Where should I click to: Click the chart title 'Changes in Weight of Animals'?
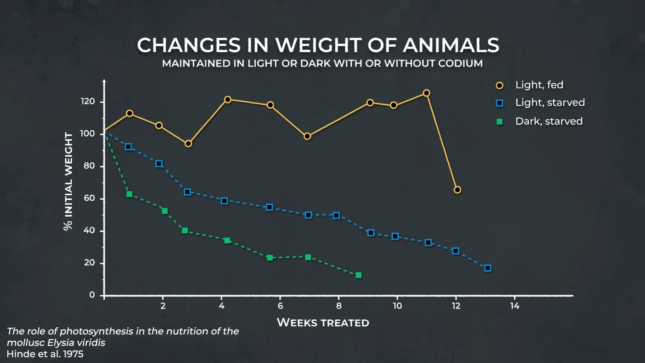[318, 45]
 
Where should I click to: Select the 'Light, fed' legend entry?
[539, 85]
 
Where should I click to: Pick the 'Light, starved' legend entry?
[550, 103]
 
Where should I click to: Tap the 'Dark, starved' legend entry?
[549, 121]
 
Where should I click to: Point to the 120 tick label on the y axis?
[88, 102]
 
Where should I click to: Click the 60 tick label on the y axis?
[89, 198]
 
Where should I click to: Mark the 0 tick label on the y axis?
[92, 295]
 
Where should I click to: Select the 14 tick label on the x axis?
[515, 306]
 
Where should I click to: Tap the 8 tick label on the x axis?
[339, 306]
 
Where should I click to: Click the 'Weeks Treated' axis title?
[323, 323]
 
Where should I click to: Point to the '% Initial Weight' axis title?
[68, 182]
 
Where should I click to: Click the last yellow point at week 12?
[457, 190]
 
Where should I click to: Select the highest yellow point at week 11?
[426, 93]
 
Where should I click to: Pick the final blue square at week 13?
[488, 268]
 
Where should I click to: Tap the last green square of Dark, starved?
[358, 275]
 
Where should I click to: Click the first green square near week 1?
[129, 194]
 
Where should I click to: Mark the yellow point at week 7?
[307, 136]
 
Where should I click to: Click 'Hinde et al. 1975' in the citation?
[45, 354]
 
